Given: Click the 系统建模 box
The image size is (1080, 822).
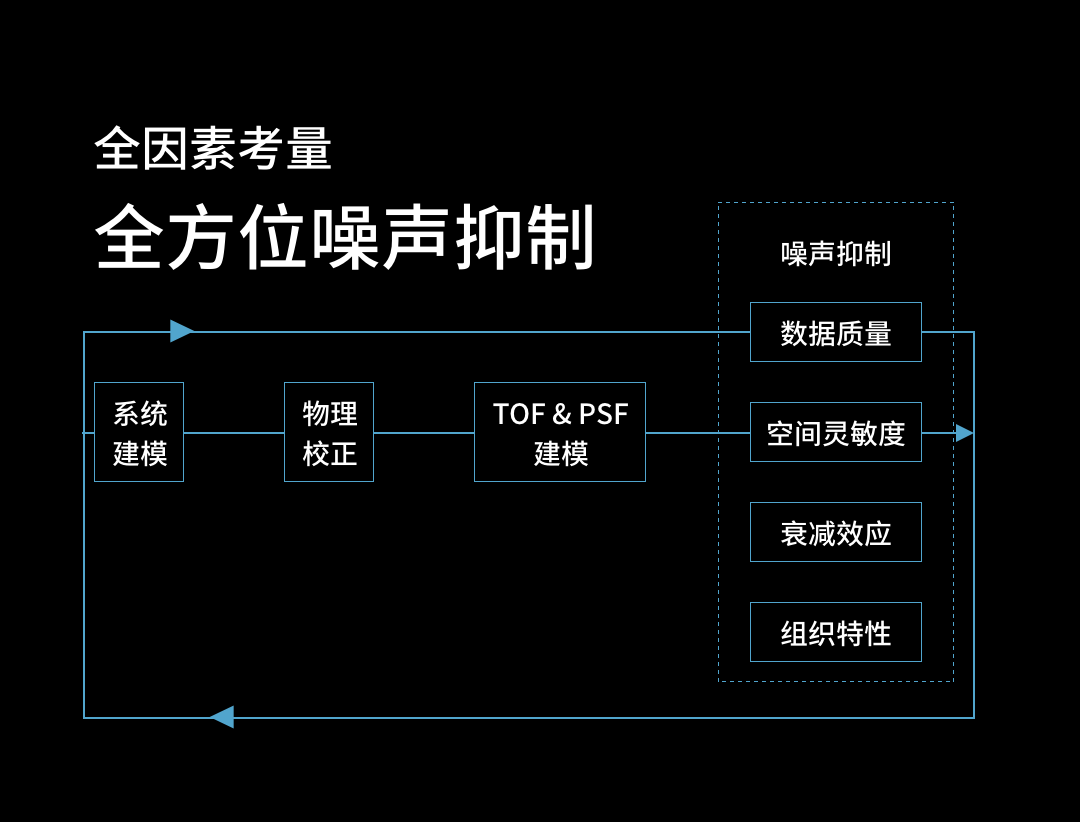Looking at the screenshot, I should [x=139, y=432].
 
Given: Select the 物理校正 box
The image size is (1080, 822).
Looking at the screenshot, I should [x=329, y=432].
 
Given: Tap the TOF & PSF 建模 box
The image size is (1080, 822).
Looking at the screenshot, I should [x=560, y=432].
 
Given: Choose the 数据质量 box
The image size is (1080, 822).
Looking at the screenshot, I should [x=836, y=332].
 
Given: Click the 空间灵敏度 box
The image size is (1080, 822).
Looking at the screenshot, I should [x=836, y=432].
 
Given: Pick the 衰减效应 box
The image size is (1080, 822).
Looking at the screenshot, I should [x=836, y=532].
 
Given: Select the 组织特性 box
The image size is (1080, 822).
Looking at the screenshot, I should [x=836, y=632].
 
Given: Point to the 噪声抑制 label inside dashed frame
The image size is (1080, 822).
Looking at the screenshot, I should [x=836, y=253].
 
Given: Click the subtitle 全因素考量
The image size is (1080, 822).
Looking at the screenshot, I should [x=213, y=149].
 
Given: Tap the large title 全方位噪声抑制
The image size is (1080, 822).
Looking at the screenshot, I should [x=345, y=238].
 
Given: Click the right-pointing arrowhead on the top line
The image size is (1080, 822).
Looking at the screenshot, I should [x=181, y=331].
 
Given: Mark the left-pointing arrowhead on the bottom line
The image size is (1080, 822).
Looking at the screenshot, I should [x=222, y=717].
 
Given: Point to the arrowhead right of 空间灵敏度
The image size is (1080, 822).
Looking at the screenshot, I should [x=964, y=432].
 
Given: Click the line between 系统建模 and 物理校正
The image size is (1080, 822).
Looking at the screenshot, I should [x=234, y=433].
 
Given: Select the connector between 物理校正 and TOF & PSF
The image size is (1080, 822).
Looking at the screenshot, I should [x=424, y=433].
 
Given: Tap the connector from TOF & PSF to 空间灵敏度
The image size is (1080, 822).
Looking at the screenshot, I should [x=698, y=433].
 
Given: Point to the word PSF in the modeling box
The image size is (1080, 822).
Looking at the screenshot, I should [x=603, y=414].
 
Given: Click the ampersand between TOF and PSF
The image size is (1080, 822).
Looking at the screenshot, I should [x=561, y=414].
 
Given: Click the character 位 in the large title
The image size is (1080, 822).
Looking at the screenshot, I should [x=273, y=238].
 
